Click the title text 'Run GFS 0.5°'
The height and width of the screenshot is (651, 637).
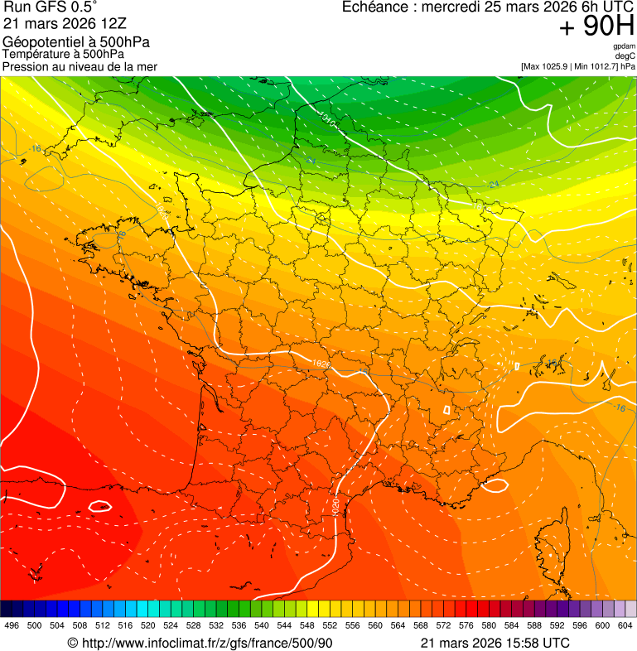point(51,8)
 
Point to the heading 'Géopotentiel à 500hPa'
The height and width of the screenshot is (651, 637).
point(76,42)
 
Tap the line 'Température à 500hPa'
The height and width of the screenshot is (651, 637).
point(63,55)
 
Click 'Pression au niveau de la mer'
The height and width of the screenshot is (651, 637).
point(80,66)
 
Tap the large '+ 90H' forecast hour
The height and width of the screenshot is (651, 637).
point(596,28)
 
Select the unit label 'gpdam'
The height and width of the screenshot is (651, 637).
point(624,47)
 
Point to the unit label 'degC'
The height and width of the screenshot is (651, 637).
point(626,56)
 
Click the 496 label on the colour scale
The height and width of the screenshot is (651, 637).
point(12,625)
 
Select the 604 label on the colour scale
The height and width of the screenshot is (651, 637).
point(625,625)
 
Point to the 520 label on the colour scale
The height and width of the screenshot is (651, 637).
point(148,625)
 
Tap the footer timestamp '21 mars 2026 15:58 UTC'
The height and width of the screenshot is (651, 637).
point(495,643)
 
